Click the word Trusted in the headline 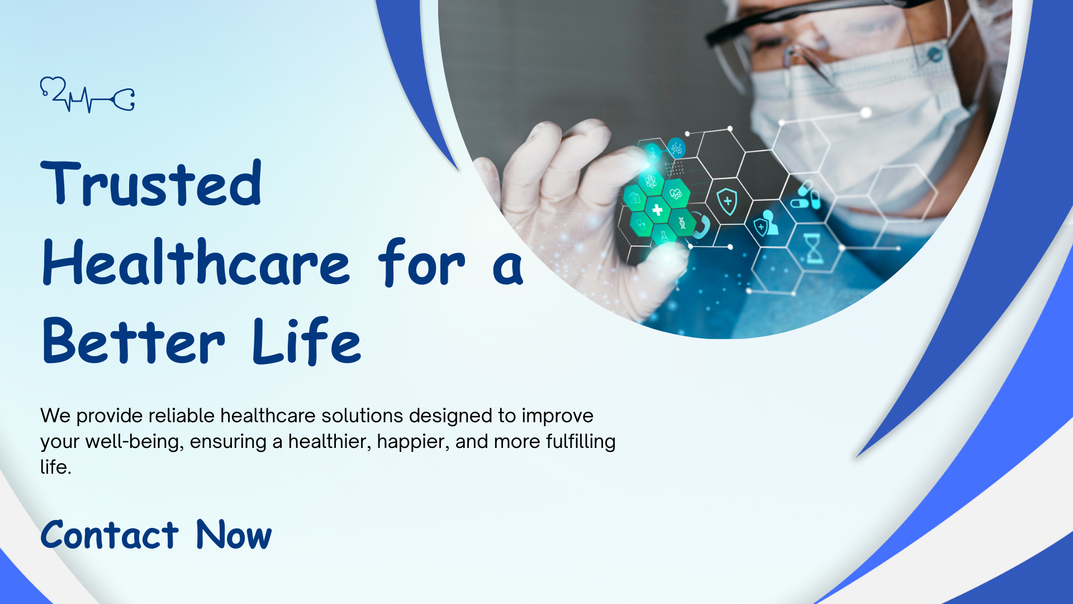point(151,183)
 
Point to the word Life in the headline point(307,341)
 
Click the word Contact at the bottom point(110,535)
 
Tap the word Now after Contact point(234,535)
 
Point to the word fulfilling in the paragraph point(581,441)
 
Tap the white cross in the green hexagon point(657,210)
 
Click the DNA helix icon point(682,223)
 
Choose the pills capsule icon point(805,195)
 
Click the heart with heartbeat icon point(676,194)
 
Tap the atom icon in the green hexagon point(650,181)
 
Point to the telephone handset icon point(701,225)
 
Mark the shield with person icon point(766,223)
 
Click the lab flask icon point(664,237)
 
